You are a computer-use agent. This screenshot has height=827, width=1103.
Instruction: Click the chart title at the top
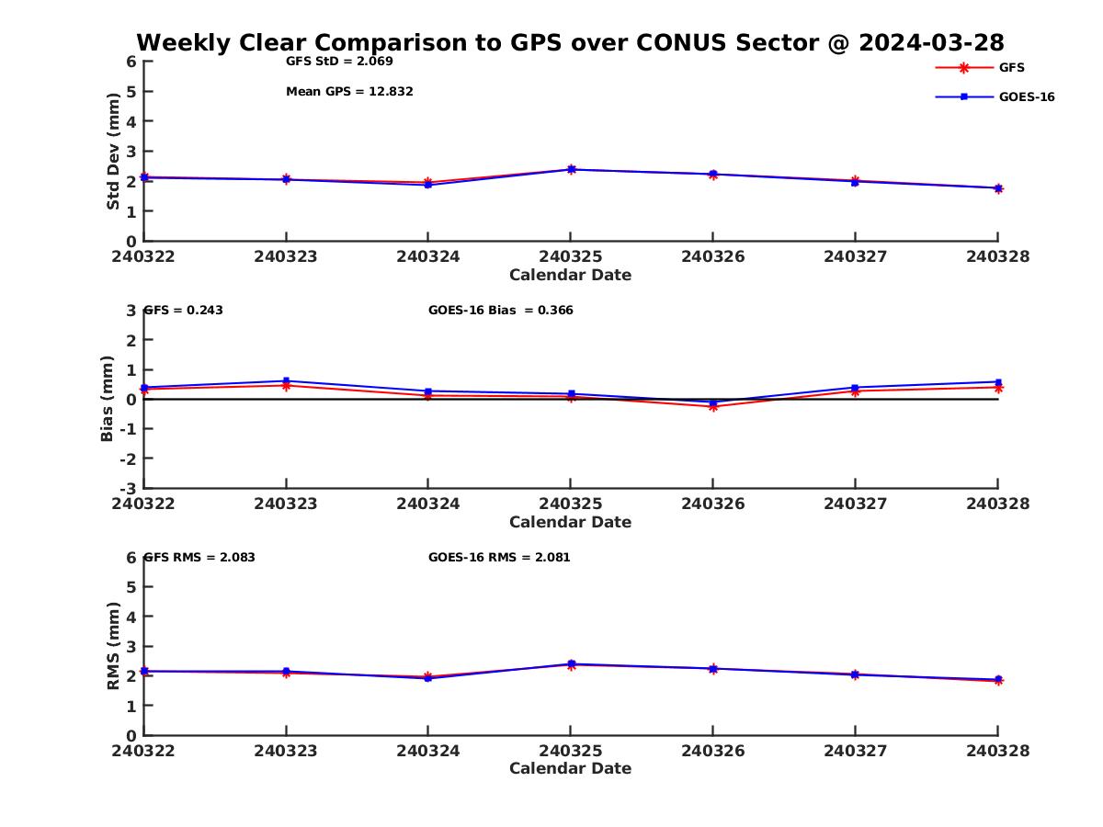point(570,43)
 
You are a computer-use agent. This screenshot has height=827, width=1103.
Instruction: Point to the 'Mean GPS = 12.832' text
point(349,91)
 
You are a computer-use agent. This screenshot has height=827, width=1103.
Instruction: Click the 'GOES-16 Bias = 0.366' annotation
point(500,310)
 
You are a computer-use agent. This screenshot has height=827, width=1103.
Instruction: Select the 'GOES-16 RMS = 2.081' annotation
point(499,557)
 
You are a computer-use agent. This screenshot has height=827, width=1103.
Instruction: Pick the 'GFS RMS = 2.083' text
point(200,557)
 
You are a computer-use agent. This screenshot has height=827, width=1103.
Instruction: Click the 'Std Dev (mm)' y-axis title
point(113,152)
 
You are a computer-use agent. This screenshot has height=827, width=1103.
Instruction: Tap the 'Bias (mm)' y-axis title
point(108,399)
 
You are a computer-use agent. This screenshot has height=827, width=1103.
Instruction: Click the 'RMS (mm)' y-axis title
point(113,646)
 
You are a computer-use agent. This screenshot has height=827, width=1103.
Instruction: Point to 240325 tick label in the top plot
point(570,256)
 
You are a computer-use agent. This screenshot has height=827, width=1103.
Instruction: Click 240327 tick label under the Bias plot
point(855,504)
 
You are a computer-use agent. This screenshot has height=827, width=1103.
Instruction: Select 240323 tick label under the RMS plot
point(286,751)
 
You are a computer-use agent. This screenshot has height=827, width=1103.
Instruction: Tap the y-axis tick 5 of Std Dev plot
point(131,91)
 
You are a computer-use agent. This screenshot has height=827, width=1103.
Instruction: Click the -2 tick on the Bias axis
point(130,459)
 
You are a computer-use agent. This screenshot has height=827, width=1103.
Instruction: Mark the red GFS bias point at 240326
point(712,406)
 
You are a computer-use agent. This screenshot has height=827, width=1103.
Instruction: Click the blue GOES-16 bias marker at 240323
point(286,380)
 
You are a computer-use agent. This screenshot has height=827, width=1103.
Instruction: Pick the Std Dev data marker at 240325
point(571,169)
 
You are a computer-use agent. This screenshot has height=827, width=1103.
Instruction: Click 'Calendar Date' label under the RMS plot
point(570,768)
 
